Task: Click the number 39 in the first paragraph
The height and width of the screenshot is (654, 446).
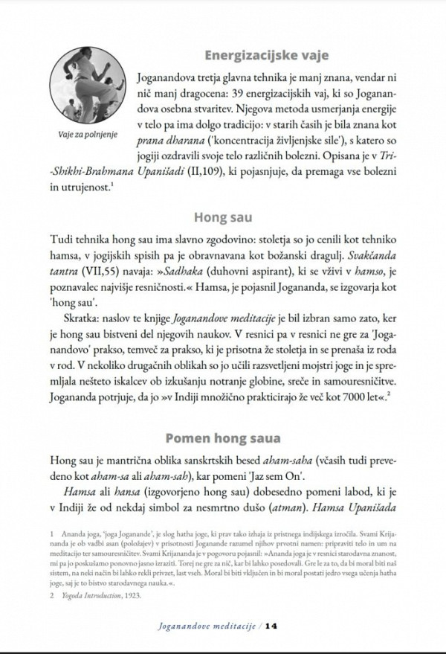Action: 294,96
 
